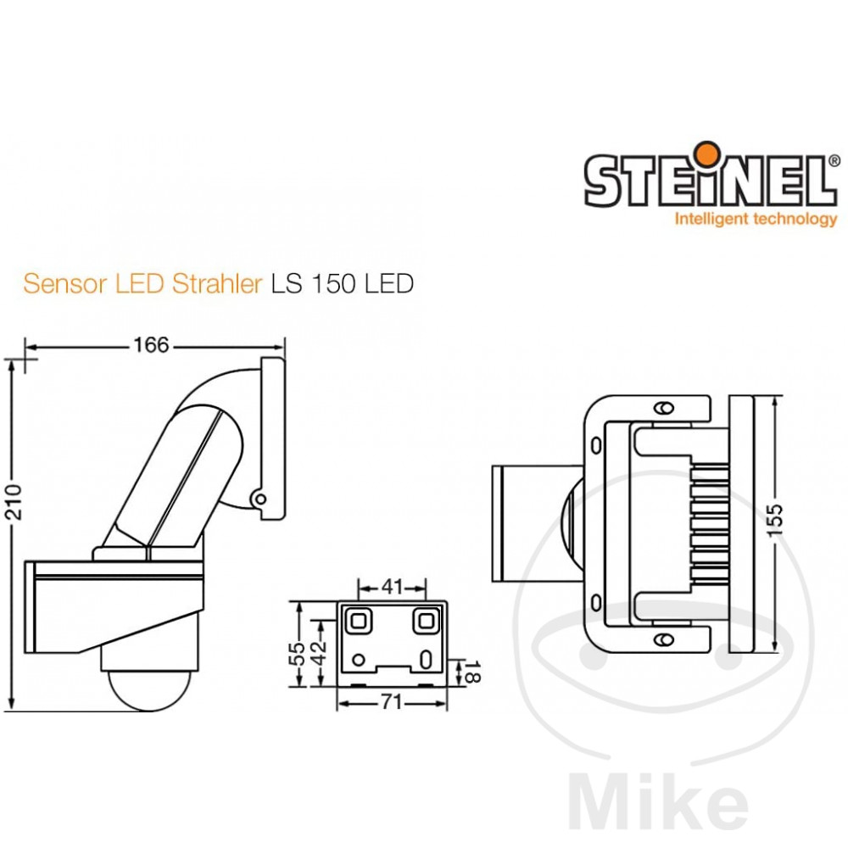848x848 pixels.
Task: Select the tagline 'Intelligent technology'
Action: [755, 220]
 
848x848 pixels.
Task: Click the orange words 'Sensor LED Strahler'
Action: [142, 283]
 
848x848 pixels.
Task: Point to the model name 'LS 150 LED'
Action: [342, 283]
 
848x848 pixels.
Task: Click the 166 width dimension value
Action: [151, 345]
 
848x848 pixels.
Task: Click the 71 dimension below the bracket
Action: [391, 702]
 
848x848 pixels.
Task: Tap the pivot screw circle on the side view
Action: [261, 498]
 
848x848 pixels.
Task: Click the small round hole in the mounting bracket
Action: [359, 660]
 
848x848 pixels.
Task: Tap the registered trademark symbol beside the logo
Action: [833, 159]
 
